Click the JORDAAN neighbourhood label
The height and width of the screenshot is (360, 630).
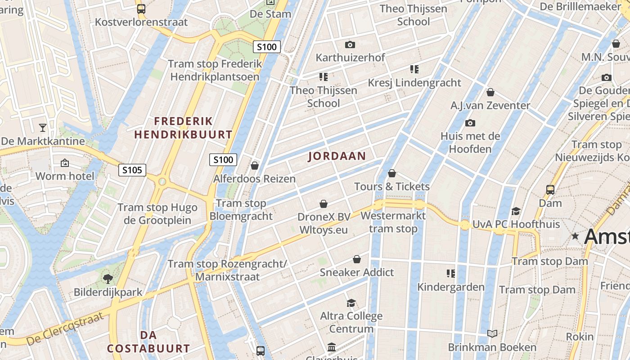(x=337, y=156)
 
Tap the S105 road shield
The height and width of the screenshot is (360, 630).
(x=132, y=170)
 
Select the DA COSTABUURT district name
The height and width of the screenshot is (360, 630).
(x=148, y=342)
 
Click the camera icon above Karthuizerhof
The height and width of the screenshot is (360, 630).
(x=350, y=45)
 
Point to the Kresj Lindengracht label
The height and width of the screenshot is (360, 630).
(x=414, y=83)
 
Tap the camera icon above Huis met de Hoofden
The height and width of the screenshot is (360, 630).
(x=470, y=123)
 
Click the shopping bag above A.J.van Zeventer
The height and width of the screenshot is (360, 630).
(x=490, y=92)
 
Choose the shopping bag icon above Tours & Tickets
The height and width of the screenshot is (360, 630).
(x=392, y=173)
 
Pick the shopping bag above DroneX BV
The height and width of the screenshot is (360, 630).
(x=324, y=204)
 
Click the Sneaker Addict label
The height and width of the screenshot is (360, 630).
(x=357, y=272)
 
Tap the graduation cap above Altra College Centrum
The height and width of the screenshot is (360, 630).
(x=351, y=303)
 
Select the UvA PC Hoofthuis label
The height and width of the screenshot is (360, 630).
(x=516, y=224)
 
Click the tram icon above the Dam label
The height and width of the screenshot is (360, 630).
(x=550, y=189)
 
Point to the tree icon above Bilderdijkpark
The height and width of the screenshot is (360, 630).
(x=108, y=279)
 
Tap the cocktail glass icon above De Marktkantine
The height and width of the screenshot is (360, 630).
(x=43, y=128)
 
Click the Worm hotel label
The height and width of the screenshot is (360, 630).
(x=65, y=176)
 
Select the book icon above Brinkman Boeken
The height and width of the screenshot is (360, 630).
(x=492, y=333)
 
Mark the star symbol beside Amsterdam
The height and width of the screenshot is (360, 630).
(x=575, y=236)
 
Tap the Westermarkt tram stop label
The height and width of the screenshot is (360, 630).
(x=393, y=222)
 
